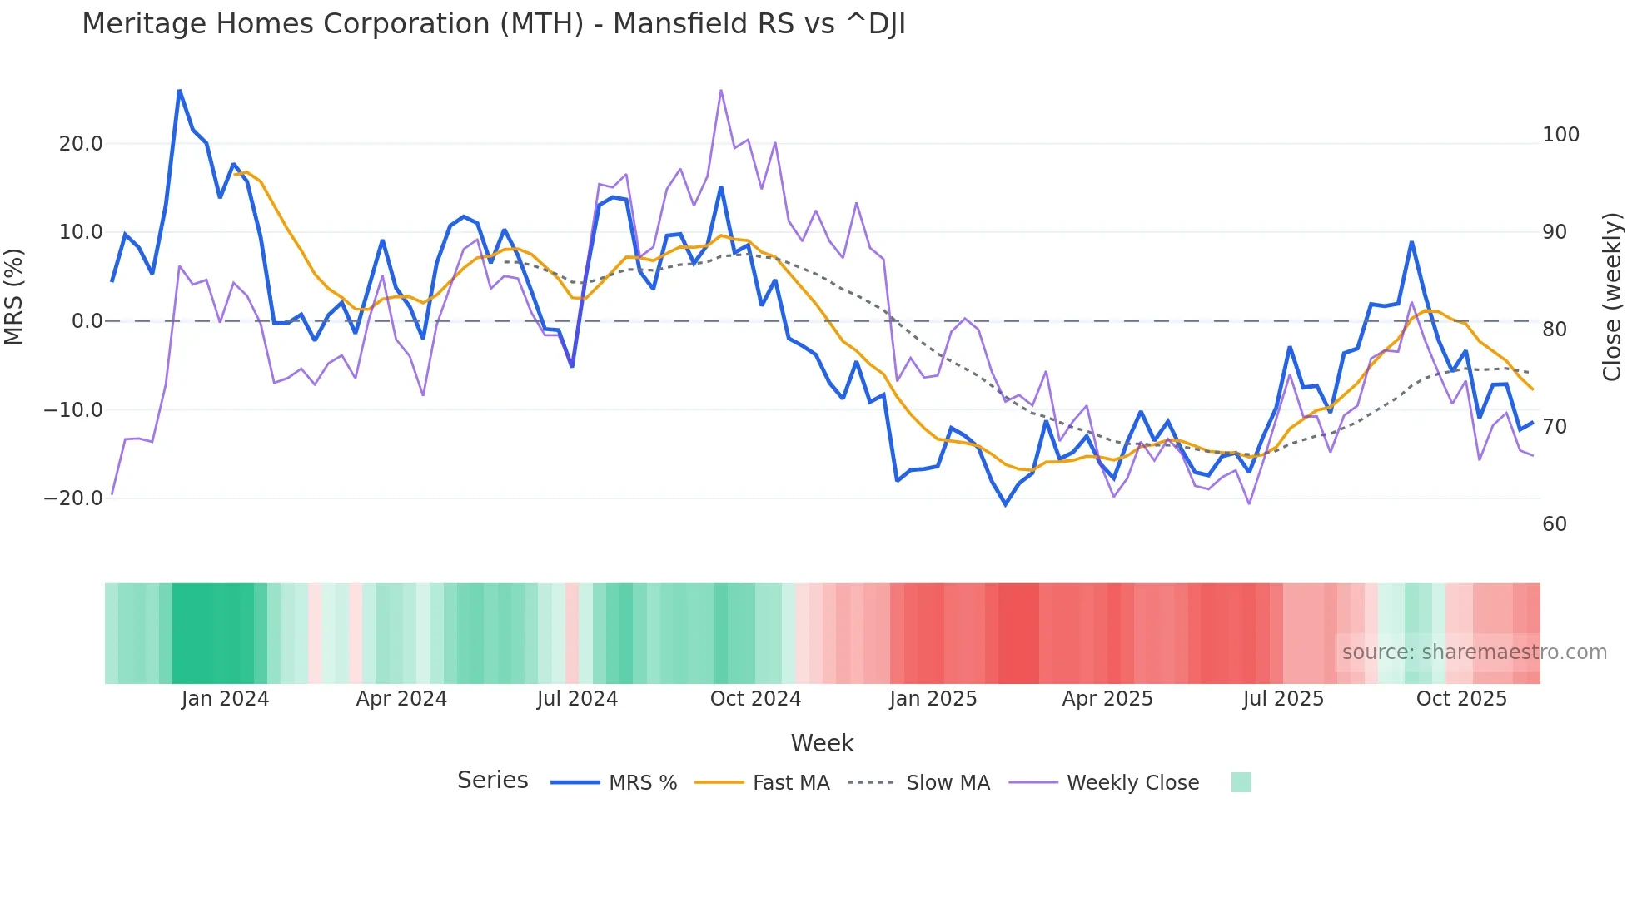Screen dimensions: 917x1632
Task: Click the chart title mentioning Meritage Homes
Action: (x=493, y=24)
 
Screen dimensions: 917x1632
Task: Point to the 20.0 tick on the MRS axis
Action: (x=81, y=144)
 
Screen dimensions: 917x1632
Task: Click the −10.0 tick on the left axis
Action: (x=73, y=410)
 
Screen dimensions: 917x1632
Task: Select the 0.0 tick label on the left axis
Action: (x=87, y=321)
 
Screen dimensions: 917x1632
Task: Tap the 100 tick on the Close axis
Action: (x=1560, y=135)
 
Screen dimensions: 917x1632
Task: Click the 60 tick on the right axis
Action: (x=1555, y=524)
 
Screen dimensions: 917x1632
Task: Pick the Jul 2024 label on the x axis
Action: (x=577, y=699)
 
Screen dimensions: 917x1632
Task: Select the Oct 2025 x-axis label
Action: (x=1461, y=699)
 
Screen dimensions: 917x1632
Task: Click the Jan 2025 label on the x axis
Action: (x=933, y=699)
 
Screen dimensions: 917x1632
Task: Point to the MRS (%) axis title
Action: (x=14, y=296)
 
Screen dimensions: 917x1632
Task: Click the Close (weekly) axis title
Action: (x=1613, y=297)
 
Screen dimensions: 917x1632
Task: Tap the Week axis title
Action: (x=822, y=743)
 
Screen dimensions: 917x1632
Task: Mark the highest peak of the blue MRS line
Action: (x=180, y=90)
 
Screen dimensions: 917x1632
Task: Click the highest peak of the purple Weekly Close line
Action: (x=721, y=90)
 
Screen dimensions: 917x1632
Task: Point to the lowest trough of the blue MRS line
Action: (x=1006, y=504)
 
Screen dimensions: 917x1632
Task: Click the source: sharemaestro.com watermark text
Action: (x=1474, y=652)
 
